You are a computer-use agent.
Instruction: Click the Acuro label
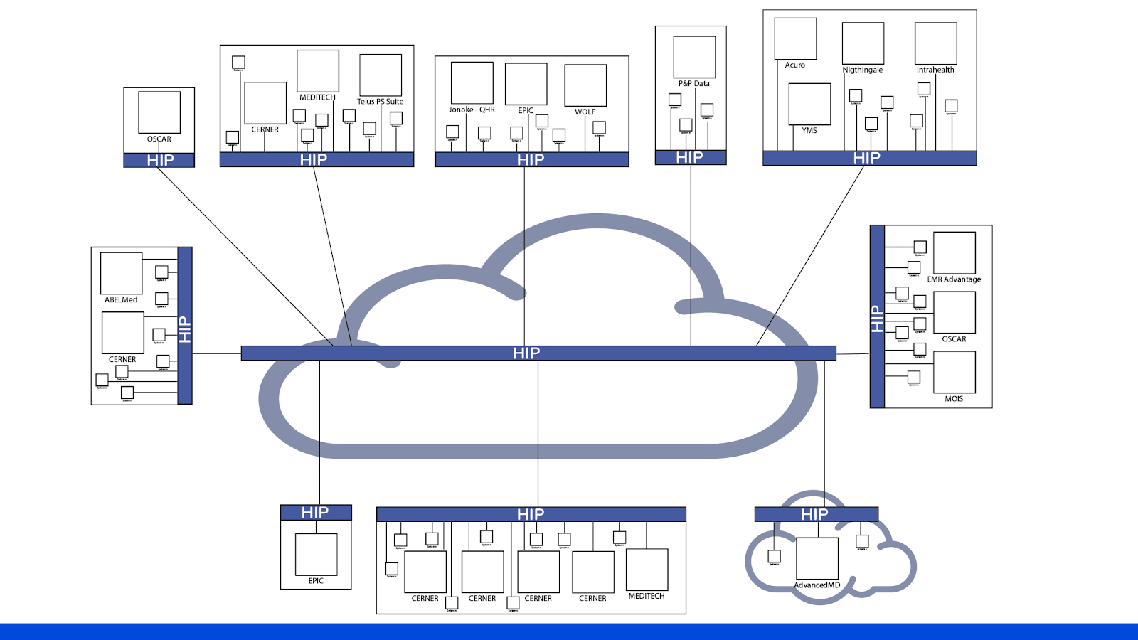[794, 65]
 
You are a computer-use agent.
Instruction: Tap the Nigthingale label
[862, 70]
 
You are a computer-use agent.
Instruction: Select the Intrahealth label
[935, 70]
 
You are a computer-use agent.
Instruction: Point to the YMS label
[809, 131]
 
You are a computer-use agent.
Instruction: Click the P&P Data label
[693, 84]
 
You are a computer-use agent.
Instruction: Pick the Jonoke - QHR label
[471, 110]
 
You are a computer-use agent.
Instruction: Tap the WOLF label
[585, 112]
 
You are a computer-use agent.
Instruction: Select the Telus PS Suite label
[380, 102]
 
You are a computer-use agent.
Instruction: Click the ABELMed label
[121, 300]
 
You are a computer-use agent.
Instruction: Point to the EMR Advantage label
[953, 279]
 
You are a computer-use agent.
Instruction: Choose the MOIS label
[953, 399]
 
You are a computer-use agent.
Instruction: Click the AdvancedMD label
[817, 585]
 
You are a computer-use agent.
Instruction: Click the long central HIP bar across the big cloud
[538, 353]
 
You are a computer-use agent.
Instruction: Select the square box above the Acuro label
[795, 39]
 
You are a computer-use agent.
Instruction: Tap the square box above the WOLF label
[585, 85]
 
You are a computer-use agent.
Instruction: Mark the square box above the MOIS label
[954, 373]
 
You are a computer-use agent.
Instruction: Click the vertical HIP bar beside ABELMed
[185, 326]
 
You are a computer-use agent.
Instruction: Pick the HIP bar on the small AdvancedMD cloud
[816, 514]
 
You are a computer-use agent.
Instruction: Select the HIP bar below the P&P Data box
[690, 157]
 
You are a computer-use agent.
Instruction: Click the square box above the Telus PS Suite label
[381, 75]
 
